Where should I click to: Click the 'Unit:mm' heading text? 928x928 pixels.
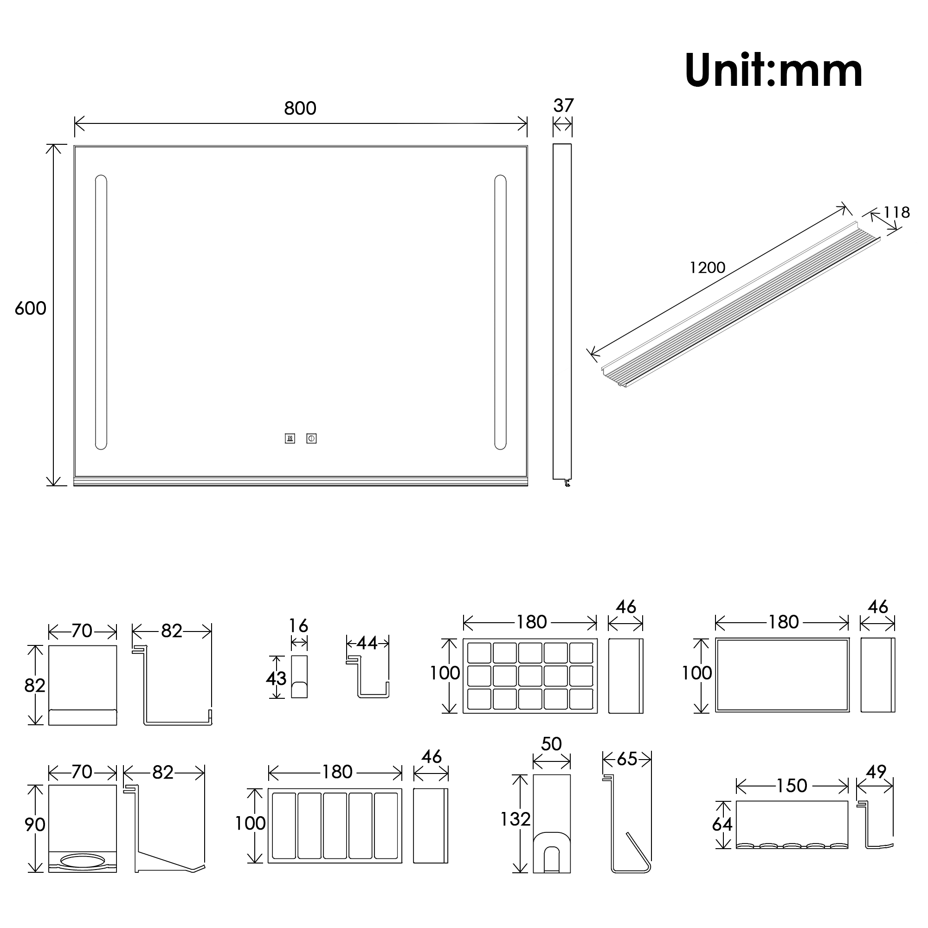[774, 71]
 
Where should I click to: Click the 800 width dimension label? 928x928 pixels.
[300, 109]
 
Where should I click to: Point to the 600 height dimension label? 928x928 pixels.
[30, 309]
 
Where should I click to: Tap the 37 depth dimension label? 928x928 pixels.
[563, 106]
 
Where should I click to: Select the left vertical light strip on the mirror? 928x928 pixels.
[101, 312]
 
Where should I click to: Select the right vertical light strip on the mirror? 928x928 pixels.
[500, 312]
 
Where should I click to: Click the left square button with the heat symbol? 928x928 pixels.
[290, 438]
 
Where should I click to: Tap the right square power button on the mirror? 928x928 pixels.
[311, 438]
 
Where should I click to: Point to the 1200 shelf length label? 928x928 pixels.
[707, 268]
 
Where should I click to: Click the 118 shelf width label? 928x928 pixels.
[896, 213]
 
